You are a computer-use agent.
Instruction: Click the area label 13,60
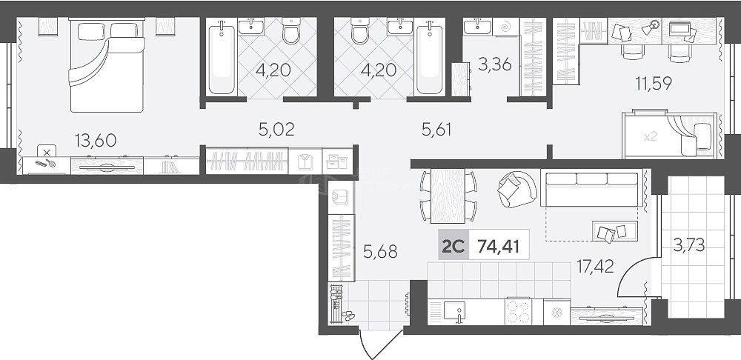96,140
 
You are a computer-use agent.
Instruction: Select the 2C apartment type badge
453,246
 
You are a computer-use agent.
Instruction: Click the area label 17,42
596,267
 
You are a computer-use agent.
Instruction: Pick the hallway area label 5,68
380,252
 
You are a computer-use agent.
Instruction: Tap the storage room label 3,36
494,64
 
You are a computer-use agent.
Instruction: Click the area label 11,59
654,83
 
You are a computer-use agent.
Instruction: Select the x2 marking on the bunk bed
651,137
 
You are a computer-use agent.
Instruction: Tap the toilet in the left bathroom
291,31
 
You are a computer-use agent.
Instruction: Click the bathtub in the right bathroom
430,57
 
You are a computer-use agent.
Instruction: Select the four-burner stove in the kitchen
518,311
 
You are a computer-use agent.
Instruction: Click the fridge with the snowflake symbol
556,312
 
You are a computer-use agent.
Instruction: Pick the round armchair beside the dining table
516,188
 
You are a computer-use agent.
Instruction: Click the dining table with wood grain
448,196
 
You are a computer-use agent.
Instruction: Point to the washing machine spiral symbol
505,27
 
